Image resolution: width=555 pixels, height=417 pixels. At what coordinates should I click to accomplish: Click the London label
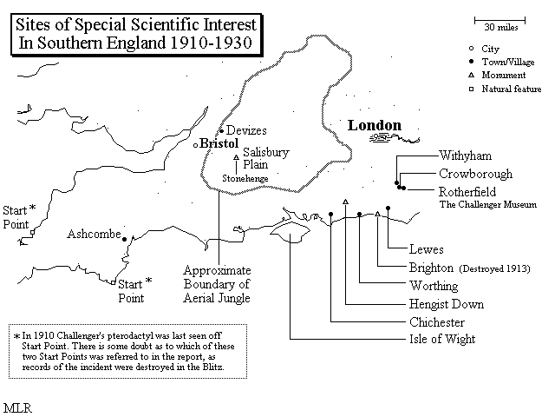coord(375,125)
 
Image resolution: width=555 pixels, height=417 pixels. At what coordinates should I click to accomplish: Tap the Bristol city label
coord(219,143)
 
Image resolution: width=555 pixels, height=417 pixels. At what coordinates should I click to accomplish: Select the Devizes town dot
coord(222,131)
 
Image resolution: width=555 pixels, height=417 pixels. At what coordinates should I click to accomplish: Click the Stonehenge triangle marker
coord(237,157)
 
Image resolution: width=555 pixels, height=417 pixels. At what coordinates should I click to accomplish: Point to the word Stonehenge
coord(245,178)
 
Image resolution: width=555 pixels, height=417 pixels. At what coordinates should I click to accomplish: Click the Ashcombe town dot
coord(124,240)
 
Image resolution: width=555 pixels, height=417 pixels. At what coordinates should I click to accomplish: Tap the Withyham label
coord(465,156)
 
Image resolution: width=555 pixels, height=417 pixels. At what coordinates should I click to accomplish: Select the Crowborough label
coord(475,174)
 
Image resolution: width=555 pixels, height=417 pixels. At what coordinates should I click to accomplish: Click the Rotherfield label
coord(467,192)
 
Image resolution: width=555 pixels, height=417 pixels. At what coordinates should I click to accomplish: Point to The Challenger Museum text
coord(487,205)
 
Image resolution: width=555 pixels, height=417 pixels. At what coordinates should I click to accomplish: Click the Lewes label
coord(426,249)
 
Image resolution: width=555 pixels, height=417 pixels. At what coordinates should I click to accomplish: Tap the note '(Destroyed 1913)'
coord(494,268)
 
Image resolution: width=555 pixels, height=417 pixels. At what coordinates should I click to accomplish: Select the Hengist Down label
coord(447,304)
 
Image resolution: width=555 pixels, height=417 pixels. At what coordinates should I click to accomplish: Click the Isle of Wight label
coord(442,339)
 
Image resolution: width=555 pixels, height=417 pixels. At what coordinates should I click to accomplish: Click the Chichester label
coord(437,322)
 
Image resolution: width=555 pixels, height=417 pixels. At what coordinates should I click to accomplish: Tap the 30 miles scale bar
coord(499,21)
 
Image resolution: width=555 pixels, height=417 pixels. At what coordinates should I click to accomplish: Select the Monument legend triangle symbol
coord(471,76)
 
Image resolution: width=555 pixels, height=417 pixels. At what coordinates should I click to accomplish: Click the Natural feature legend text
coord(512,89)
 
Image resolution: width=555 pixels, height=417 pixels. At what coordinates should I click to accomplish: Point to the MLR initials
coord(17,407)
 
